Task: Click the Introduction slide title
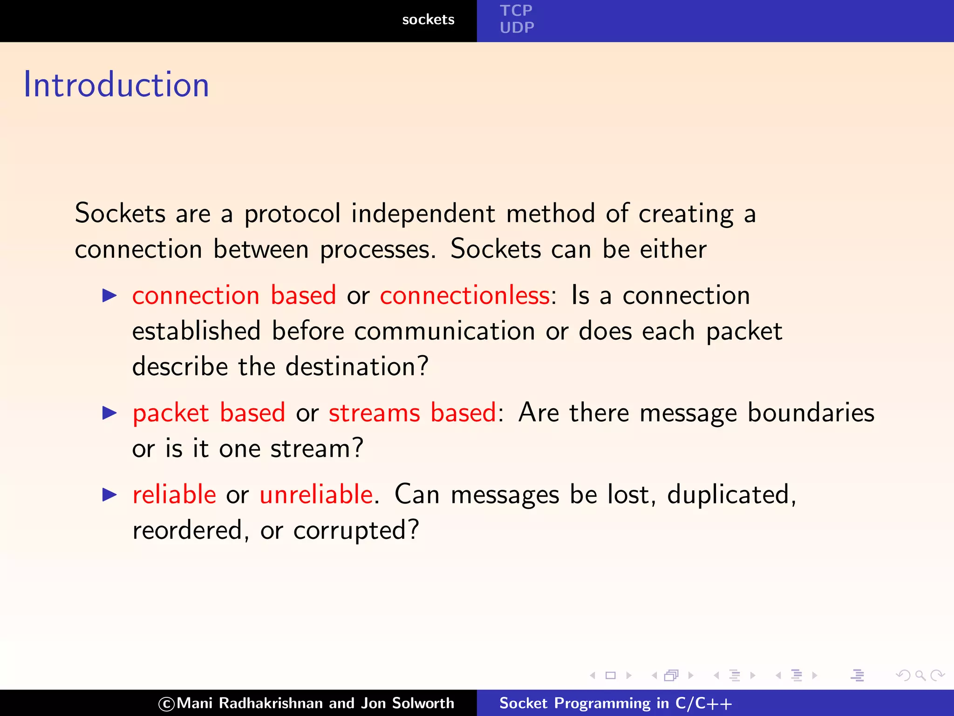(x=116, y=85)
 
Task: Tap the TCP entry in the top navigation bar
(x=516, y=11)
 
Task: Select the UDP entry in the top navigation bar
(x=517, y=28)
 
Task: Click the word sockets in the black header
(x=428, y=20)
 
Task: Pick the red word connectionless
(x=464, y=296)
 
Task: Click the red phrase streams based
(x=412, y=413)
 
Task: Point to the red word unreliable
(x=316, y=495)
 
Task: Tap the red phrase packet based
(x=209, y=413)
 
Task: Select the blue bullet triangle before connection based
(x=109, y=296)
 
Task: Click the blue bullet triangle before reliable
(x=109, y=495)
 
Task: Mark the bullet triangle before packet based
(x=109, y=413)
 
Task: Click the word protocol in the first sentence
(x=293, y=214)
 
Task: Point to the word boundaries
(x=811, y=413)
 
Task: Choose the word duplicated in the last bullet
(x=731, y=495)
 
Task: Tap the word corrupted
(x=356, y=530)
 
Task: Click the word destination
(x=356, y=367)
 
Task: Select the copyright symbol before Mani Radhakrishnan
(x=166, y=704)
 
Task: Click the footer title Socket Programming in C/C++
(x=615, y=703)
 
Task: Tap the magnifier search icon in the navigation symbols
(x=920, y=675)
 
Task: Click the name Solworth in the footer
(x=423, y=703)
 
